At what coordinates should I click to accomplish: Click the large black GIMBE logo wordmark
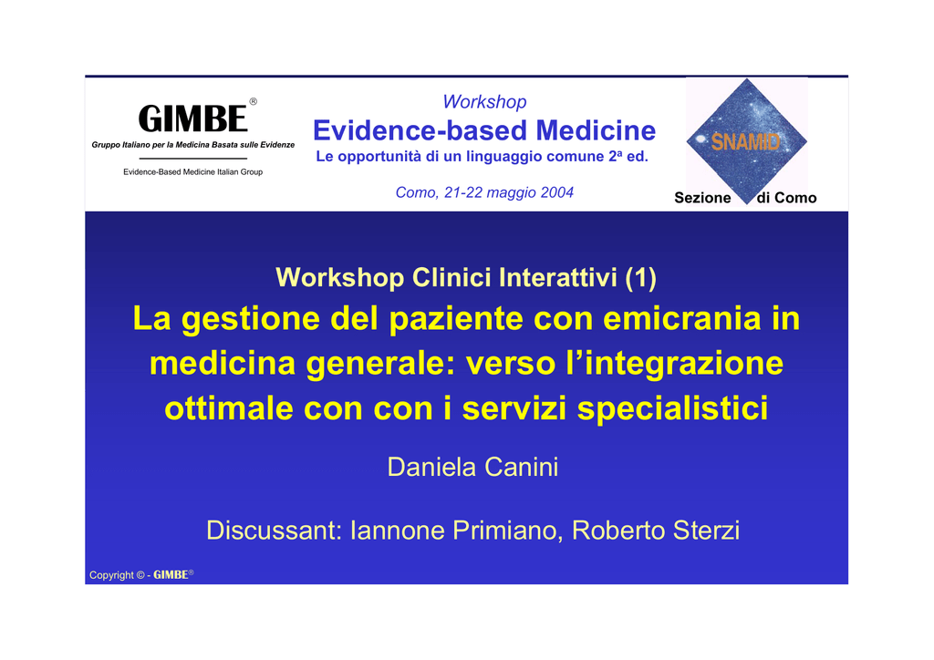pyautogui.click(x=192, y=119)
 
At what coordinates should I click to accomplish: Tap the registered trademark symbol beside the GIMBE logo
pyautogui.click(x=254, y=102)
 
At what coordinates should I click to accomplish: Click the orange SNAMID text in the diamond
pyautogui.click(x=745, y=141)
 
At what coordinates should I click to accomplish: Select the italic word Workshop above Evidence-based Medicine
pyautogui.click(x=485, y=102)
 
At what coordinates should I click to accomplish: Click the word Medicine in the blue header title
pyautogui.click(x=596, y=130)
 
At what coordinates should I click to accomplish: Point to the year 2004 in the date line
pyautogui.click(x=557, y=192)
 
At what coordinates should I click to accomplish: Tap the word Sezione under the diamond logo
pyautogui.click(x=702, y=198)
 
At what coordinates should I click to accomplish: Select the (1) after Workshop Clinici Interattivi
pyautogui.click(x=641, y=277)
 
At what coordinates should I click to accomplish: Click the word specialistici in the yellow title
pyautogui.click(x=673, y=409)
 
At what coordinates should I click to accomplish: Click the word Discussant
pyautogui.click(x=274, y=531)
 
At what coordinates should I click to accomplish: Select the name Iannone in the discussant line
pyautogui.click(x=398, y=531)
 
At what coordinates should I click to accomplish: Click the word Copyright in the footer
pyautogui.click(x=111, y=575)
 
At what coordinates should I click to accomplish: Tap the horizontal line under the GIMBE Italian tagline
pyautogui.click(x=193, y=159)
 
